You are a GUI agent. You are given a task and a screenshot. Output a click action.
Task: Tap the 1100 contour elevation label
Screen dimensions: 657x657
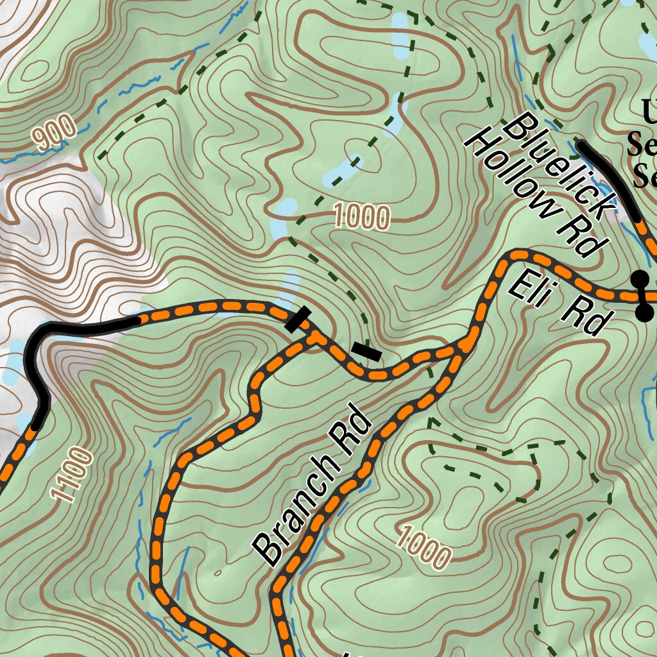tap(72, 475)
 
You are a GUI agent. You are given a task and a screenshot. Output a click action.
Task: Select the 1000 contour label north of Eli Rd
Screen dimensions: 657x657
tap(362, 218)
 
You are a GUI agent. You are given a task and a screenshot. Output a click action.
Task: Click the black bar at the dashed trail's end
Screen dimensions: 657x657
tap(366, 351)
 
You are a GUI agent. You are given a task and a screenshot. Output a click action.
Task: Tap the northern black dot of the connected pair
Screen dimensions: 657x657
tap(639, 278)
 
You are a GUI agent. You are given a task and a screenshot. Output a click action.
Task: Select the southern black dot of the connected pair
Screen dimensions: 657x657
tap(644, 312)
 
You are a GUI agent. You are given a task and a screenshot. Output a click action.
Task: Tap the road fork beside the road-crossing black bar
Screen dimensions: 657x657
tap(314, 337)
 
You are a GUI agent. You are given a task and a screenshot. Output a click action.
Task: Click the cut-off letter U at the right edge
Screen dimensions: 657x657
tap(649, 113)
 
